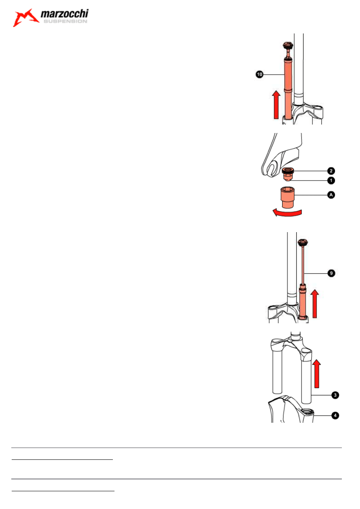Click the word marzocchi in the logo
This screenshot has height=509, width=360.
(x=65, y=14)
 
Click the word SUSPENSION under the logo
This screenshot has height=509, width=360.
(x=65, y=21)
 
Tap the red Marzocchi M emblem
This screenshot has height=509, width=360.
(x=25, y=18)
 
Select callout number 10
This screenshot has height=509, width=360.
(x=259, y=74)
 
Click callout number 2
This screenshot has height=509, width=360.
(x=331, y=171)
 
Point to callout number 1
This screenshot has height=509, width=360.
(x=331, y=181)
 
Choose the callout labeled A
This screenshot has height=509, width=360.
(x=331, y=195)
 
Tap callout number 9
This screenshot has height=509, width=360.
(x=331, y=273)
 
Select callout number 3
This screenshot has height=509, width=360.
(x=335, y=395)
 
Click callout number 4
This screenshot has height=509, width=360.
(x=335, y=416)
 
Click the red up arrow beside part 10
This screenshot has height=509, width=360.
(x=276, y=104)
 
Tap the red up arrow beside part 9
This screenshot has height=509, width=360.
(x=315, y=303)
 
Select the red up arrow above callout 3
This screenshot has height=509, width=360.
(x=316, y=374)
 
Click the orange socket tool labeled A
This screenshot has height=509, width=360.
(x=287, y=197)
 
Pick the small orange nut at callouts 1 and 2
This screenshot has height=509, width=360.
(x=287, y=174)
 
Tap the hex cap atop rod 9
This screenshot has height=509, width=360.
(x=302, y=243)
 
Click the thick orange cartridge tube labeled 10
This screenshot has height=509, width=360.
(x=288, y=89)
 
